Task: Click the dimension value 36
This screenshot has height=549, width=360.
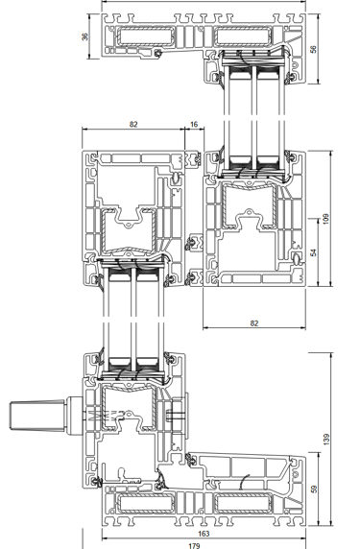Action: [85, 36]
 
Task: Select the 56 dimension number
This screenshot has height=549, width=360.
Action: [313, 49]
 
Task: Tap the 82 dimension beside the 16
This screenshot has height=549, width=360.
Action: [133, 125]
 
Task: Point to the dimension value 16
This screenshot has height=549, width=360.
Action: [194, 125]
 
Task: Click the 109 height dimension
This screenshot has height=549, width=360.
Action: [326, 219]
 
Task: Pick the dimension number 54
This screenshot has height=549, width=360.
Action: [313, 252]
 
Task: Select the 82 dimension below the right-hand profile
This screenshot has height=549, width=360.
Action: [254, 322]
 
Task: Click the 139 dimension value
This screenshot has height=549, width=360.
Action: [326, 440]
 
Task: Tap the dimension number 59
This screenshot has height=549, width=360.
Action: [313, 489]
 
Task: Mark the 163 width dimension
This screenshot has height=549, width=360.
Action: [204, 534]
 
